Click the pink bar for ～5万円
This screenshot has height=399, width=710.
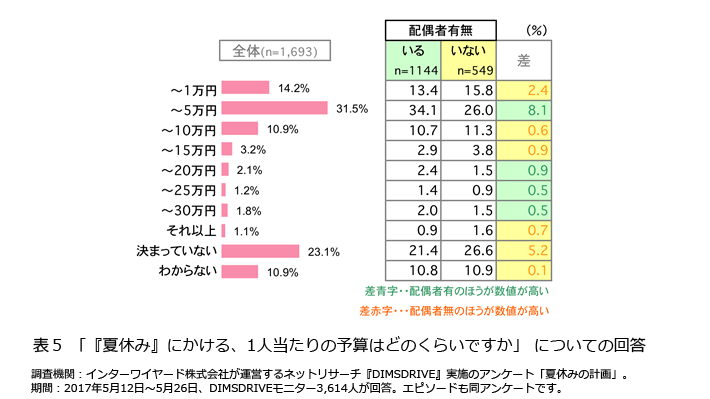pos(274,108)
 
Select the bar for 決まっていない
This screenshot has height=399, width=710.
pos(260,251)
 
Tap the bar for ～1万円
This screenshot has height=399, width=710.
pos(245,88)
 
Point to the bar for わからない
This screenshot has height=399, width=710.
pos(240,272)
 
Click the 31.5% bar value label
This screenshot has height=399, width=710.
pos(353,108)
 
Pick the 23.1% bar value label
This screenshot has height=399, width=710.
pos(322,251)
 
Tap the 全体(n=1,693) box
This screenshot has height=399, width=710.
pos(275,51)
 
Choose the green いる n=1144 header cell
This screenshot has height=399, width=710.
pos(410,60)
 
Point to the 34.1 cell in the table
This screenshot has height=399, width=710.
pos(411,109)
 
